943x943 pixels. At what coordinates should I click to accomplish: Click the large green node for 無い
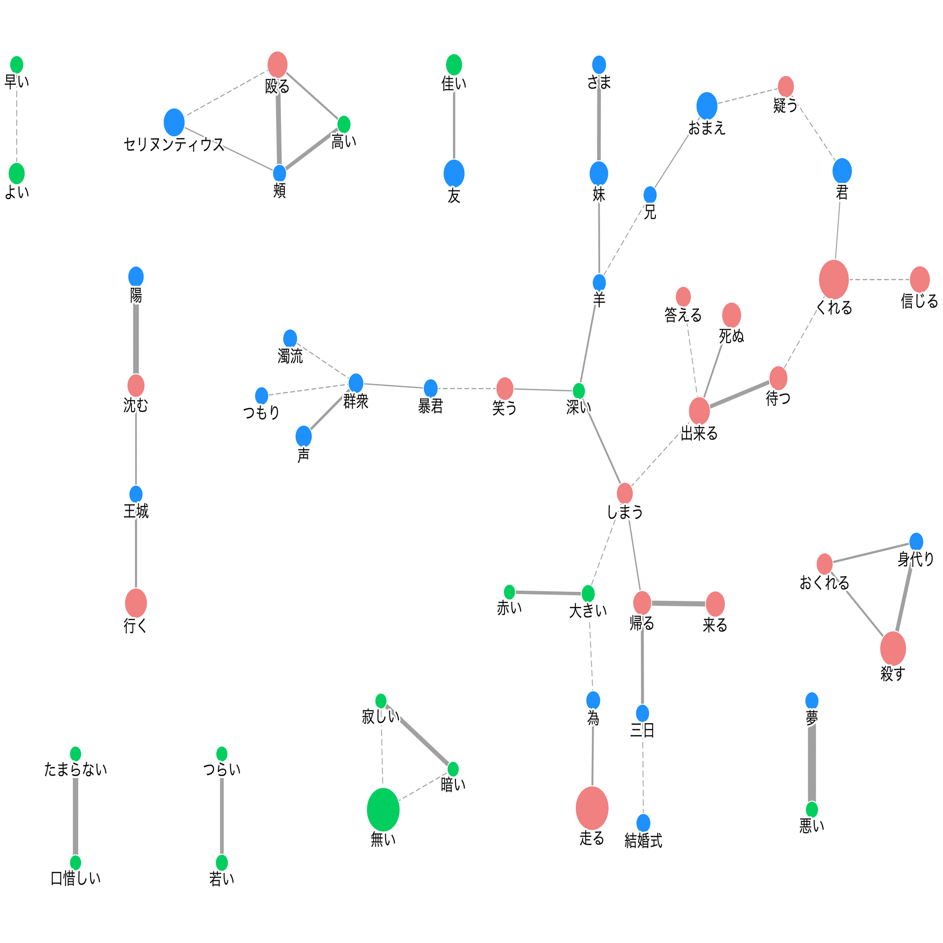383,809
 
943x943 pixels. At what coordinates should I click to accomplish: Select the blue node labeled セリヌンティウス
174,122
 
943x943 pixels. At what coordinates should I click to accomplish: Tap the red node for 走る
592,808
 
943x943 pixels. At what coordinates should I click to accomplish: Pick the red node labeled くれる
834,280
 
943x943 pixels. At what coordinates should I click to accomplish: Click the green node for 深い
579,390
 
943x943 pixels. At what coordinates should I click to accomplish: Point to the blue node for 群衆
356,383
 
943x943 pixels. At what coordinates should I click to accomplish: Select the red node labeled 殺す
893,649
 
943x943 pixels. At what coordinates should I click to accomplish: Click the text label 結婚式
643,841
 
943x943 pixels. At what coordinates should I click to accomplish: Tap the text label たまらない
75,770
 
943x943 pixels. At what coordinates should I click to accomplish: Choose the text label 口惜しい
75,878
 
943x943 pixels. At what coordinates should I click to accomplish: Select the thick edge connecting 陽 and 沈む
136,339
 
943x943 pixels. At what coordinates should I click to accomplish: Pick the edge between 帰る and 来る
678,604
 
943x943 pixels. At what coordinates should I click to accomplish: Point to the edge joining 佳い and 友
454,125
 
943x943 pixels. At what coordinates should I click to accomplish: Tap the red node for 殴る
278,65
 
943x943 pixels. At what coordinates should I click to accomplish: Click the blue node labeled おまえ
707,106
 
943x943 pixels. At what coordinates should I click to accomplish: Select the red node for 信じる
919,280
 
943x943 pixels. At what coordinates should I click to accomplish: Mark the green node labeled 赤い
510,592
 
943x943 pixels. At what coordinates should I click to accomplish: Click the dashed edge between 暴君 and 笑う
467,389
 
